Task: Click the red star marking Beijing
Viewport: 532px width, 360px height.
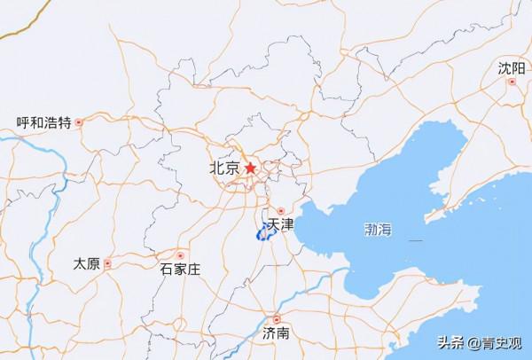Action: click(252, 168)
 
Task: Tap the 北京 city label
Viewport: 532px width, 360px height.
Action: click(224, 168)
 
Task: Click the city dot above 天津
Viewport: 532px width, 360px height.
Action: click(280, 212)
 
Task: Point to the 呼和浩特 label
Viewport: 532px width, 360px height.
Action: click(44, 122)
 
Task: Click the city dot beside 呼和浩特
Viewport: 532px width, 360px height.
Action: click(79, 122)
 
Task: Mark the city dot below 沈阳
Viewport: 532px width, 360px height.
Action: click(512, 82)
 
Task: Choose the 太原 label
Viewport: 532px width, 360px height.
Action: click(87, 263)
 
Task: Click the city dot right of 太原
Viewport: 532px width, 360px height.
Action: click(107, 263)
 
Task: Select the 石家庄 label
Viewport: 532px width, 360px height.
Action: click(180, 268)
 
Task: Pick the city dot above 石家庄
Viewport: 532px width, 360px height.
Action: click(181, 254)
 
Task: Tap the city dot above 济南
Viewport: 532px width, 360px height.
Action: click(277, 319)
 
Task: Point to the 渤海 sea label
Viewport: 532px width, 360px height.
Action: click(378, 230)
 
